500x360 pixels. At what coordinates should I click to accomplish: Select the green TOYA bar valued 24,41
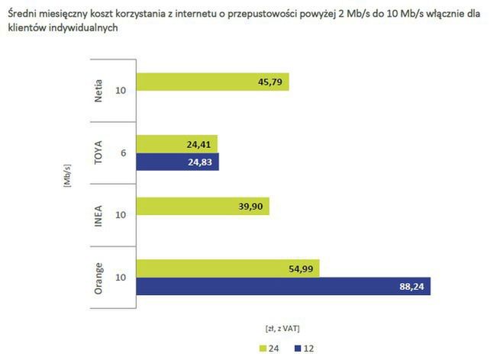point(177,143)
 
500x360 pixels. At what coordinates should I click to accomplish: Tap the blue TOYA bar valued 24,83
point(177,162)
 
